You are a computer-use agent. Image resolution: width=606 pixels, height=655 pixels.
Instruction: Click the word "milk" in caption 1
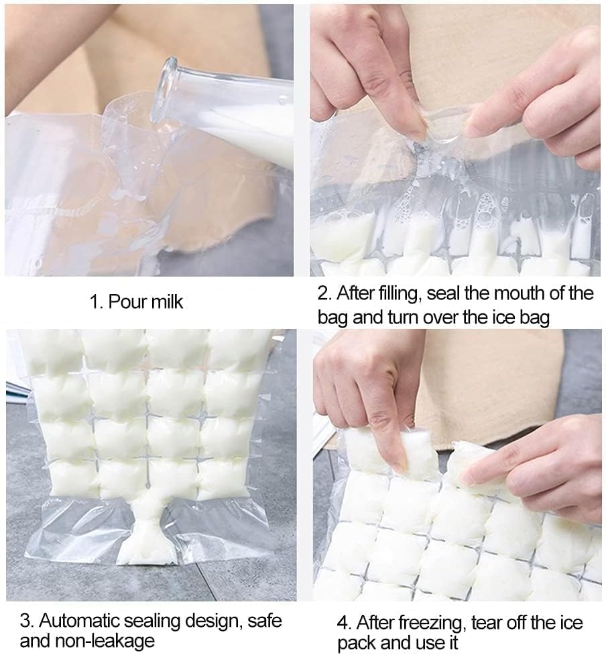168,301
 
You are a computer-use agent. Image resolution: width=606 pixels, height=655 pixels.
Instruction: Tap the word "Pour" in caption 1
127,301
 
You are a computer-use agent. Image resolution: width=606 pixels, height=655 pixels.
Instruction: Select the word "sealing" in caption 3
152,622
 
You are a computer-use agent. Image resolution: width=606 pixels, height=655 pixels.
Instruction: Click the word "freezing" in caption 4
432,624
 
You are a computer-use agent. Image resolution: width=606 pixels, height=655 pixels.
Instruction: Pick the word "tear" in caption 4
487,623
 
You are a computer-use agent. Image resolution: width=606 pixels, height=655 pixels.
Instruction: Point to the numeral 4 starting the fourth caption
344,623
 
